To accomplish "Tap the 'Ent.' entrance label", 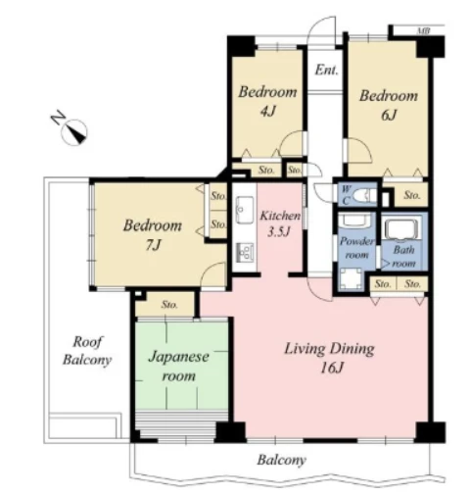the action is click(326, 71).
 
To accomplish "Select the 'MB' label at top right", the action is click(423, 31).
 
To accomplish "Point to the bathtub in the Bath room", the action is click(401, 229).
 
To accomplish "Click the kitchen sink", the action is click(245, 210).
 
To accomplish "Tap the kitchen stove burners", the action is click(245, 252).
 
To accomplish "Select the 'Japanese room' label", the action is click(179, 366).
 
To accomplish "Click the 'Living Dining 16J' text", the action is click(329, 358).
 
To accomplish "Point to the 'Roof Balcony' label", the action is click(87, 351).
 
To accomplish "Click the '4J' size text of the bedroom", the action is click(267, 112).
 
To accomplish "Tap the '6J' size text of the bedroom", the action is click(389, 115).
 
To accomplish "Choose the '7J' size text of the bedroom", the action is click(153, 245).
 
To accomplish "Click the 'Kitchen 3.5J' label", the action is click(280, 223).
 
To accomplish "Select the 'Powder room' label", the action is click(356, 248).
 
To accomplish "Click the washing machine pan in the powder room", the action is click(351, 279).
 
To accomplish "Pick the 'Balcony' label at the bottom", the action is click(281, 460).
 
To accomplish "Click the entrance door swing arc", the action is click(321, 27).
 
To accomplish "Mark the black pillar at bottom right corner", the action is click(431, 432).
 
